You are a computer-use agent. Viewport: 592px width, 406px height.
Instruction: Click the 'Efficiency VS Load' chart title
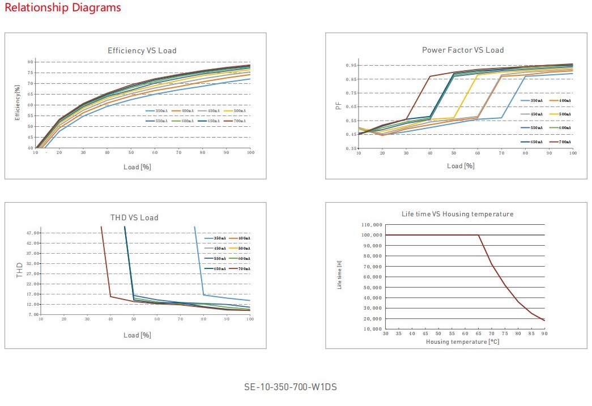142,51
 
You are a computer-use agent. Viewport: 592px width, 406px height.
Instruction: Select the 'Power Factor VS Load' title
463,50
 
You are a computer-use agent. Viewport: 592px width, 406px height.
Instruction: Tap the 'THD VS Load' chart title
134,217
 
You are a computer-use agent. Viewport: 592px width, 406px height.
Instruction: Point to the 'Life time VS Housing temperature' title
457,214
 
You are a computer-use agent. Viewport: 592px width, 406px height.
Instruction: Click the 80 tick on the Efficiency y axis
30,62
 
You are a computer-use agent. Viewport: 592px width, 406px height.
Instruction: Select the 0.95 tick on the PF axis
351,66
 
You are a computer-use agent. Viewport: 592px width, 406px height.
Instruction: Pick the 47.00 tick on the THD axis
32,233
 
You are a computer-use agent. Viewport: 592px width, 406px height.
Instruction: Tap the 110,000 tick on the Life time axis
372,225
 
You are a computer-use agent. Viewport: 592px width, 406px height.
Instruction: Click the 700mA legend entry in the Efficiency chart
237,121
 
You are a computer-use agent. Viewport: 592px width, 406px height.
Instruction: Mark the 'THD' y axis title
19,270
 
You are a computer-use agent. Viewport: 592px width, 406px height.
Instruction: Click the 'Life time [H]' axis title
340,275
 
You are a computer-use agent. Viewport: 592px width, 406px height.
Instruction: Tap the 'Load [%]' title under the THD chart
137,335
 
